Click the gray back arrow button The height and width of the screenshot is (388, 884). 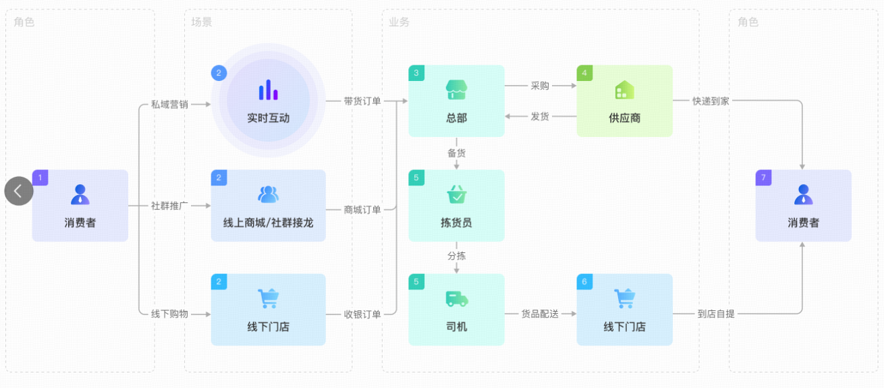[19, 191]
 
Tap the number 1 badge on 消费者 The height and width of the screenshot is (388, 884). [40, 177]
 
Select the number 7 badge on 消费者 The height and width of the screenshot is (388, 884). [763, 177]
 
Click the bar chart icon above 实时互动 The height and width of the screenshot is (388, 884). [268, 90]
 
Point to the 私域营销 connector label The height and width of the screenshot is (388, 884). [169, 105]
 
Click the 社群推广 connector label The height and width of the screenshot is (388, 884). [169, 205]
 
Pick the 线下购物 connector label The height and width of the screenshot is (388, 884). [169, 314]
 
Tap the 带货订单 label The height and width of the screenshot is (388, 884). [362, 101]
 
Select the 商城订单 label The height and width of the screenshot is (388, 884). [362, 209]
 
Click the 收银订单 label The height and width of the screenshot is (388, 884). [362, 314]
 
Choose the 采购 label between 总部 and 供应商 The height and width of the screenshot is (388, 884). [540, 86]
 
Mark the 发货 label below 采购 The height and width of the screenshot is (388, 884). [540, 116]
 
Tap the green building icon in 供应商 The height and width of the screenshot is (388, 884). [624, 90]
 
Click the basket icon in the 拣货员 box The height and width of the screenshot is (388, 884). [456, 194]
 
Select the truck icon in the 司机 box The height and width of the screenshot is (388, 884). [456, 298]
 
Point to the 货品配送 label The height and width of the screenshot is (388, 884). [540, 314]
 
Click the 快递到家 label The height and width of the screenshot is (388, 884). [711, 101]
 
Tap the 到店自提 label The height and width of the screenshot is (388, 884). [716, 314]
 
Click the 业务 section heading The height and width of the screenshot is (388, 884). [399, 22]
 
